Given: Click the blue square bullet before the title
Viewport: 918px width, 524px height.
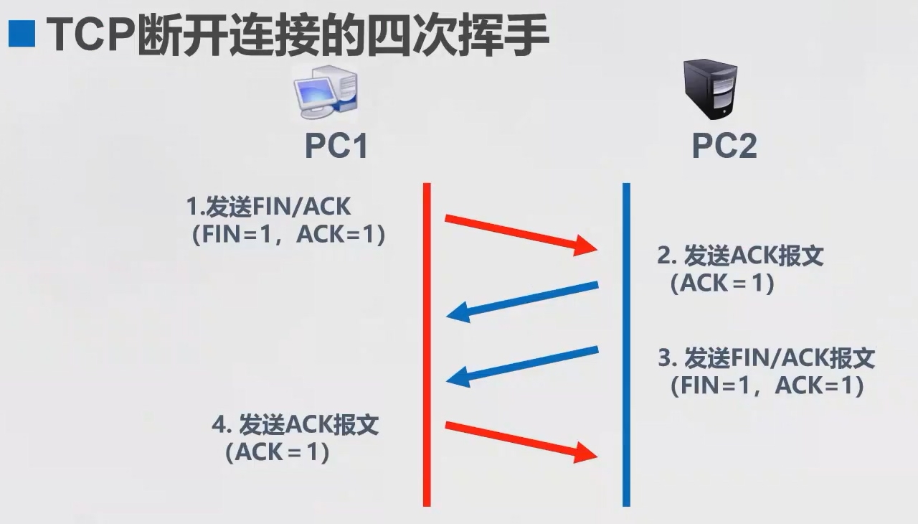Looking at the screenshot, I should (22, 33).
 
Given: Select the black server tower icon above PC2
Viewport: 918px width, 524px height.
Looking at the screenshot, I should (709, 90).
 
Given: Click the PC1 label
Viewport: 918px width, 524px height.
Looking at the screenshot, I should (336, 146).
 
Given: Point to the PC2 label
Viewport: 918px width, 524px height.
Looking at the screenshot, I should (724, 146).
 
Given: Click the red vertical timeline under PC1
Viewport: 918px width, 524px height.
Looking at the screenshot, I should (427, 345).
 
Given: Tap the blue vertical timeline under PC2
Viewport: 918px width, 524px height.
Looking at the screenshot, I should (626, 345).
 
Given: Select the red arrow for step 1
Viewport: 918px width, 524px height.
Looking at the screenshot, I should (521, 233).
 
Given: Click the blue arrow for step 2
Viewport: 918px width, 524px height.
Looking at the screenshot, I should (522, 300).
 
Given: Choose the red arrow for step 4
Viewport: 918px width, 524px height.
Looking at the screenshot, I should (521, 440).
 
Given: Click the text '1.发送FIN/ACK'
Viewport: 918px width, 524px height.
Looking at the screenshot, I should (269, 207).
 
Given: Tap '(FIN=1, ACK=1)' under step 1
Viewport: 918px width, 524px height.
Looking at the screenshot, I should (288, 235).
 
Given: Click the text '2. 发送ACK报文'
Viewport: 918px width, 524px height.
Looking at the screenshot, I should (740, 256).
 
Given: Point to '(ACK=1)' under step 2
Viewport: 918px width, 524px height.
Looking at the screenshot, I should (722, 284).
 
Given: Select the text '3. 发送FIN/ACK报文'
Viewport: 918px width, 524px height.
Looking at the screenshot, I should (766, 357).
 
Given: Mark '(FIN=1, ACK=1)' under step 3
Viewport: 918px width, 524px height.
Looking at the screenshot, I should (767, 386).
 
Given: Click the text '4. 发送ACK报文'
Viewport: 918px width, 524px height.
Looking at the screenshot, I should (295, 425).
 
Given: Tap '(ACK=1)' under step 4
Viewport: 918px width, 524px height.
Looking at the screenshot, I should (277, 453).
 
